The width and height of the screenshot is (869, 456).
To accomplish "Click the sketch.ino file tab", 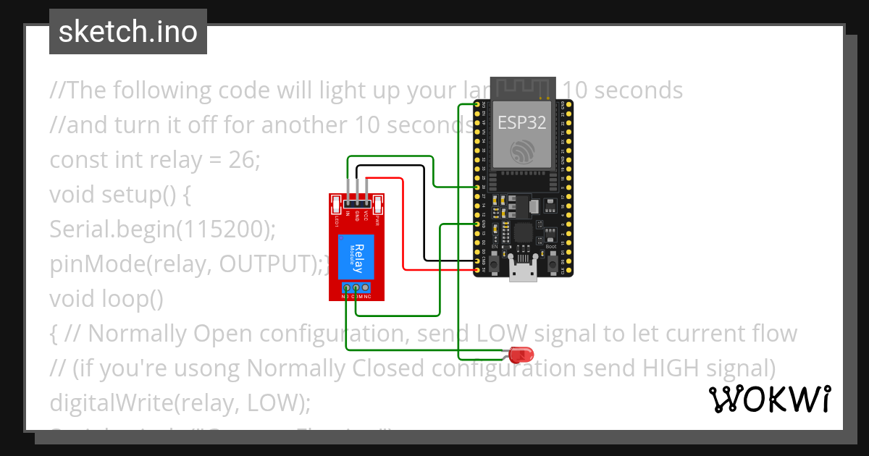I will pyautogui.click(x=128, y=32).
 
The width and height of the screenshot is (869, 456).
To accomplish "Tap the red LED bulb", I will pyautogui.click(x=520, y=355).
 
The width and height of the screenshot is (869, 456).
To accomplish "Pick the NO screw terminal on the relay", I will pyautogui.click(x=346, y=289).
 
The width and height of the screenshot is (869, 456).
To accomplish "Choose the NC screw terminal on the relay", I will pyautogui.click(x=366, y=289).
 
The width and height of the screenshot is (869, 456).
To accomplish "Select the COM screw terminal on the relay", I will pyautogui.click(x=356, y=289).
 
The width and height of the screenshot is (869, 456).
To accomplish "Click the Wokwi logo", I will pyautogui.click(x=769, y=399).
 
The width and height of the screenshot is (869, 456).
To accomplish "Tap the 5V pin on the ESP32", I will pyautogui.click(x=478, y=270).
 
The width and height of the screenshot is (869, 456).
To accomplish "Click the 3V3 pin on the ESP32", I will pyautogui.click(x=478, y=105).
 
